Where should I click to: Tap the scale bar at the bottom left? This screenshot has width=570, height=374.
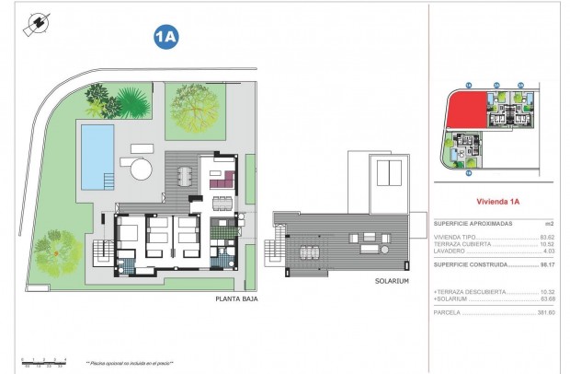(x=44, y=360)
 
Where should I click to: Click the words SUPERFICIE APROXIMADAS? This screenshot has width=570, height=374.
(x=473, y=224)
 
